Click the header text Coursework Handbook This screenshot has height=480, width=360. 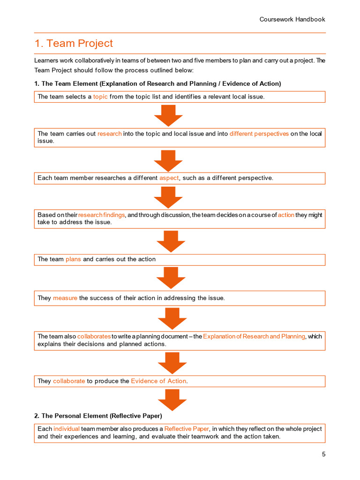(x=292, y=19)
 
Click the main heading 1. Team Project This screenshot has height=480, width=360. (x=74, y=44)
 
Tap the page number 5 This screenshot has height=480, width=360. (x=323, y=454)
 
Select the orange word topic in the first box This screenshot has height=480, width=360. (x=100, y=97)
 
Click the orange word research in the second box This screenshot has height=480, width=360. (x=109, y=134)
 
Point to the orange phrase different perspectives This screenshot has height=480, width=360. (x=259, y=134)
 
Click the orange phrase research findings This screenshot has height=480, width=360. (x=101, y=215)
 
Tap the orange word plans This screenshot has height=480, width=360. (x=73, y=259)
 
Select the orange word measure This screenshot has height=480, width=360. (x=65, y=298)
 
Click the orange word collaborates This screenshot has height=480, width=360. (x=94, y=336)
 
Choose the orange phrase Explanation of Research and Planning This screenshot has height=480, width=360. (x=254, y=336)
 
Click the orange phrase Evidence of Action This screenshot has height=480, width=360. (x=158, y=381)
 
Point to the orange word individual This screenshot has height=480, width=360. (x=67, y=429)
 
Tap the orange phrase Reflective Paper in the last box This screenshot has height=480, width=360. (x=187, y=429)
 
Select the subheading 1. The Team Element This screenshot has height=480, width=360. (x=157, y=83)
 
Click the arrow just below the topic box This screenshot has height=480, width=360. (x=168, y=115)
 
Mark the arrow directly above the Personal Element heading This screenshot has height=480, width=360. (x=172, y=399)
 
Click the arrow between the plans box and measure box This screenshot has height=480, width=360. (x=171, y=278)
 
